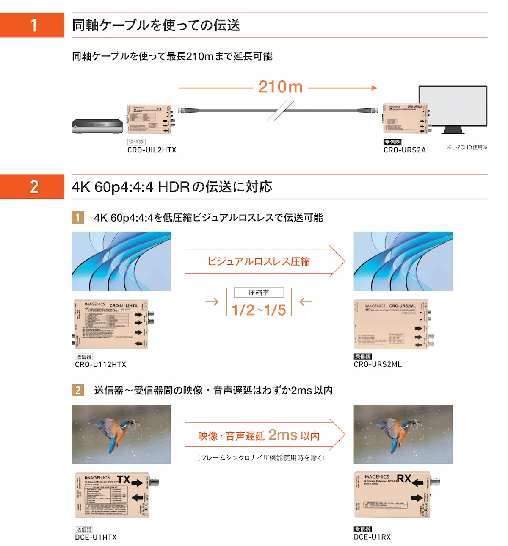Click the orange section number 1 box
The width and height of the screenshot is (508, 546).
(x=32, y=25)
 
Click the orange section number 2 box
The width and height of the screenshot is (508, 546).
(x=32, y=186)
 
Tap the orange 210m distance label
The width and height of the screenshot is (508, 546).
(x=280, y=87)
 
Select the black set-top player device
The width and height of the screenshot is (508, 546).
(x=97, y=126)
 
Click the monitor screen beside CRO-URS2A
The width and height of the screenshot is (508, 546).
(x=453, y=106)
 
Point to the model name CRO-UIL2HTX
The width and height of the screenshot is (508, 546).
(x=152, y=150)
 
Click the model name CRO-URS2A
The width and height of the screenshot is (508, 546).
(x=404, y=150)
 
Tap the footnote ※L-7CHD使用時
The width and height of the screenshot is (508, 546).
(x=467, y=147)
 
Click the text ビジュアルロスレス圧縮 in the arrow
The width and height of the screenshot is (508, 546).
(x=258, y=261)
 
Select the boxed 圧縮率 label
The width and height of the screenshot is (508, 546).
(x=259, y=293)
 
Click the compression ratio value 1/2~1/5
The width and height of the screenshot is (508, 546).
(x=259, y=310)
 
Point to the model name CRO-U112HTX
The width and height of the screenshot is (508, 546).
(x=100, y=364)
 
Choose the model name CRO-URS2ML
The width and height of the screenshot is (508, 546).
(x=378, y=364)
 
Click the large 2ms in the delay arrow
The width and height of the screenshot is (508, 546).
(x=282, y=435)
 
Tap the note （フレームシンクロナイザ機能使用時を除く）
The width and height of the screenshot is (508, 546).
(x=261, y=458)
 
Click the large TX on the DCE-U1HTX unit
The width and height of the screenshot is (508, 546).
(x=124, y=479)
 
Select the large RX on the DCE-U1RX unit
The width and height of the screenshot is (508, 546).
(x=404, y=479)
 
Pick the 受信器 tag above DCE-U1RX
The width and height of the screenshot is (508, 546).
(x=362, y=529)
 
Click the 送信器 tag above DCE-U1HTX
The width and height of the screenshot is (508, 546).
(x=83, y=529)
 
